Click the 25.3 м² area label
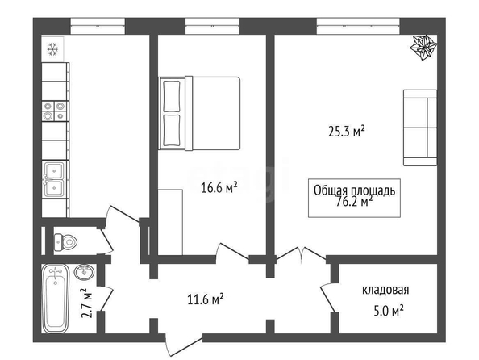(x=347, y=132)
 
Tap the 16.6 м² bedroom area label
(x=219, y=187)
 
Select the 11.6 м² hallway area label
(x=206, y=299)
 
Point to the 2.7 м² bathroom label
(x=87, y=303)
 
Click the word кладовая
(x=385, y=290)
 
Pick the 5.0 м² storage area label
(x=389, y=312)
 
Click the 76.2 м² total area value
(x=354, y=202)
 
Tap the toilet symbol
(x=65, y=242)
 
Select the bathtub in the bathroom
(x=56, y=299)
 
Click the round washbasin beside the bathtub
(x=85, y=272)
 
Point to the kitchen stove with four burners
(x=55, y=111)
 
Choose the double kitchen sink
(x=54, y=179)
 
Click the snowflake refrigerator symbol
(x=52, y=49)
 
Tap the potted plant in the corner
(x=423, y=48)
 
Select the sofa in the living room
(x=420, y=128)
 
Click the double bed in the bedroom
(x=199, y=113)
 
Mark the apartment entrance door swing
(x=183, y=345)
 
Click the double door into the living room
(x=302, y=254)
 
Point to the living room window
(x=358, y=27)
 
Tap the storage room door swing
(x=329, y=296)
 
